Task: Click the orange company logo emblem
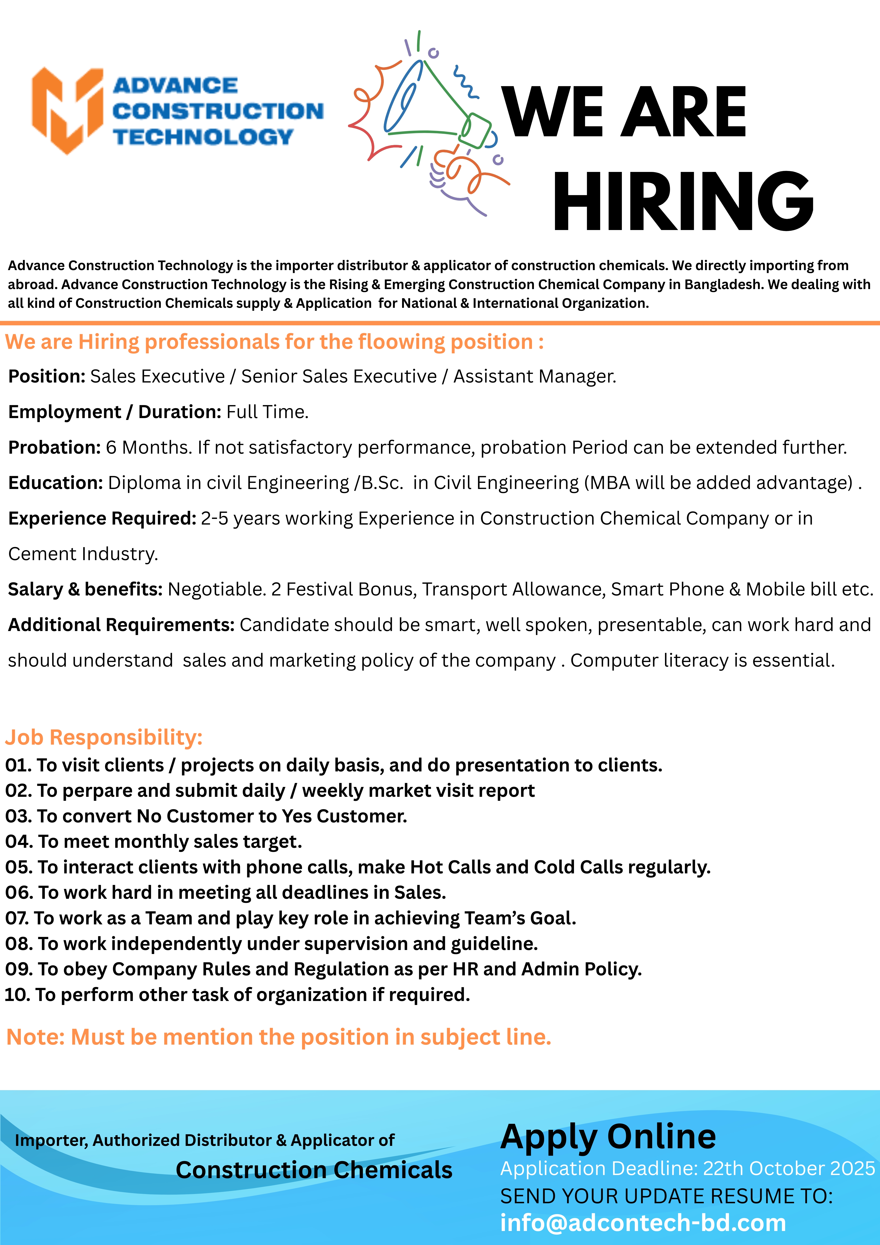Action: click(67, 111)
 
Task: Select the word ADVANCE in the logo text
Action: click(175, 86)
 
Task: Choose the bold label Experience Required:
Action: click(102, 518)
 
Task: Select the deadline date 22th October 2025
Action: click(789, 1169)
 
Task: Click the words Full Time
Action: click(267, 412)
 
